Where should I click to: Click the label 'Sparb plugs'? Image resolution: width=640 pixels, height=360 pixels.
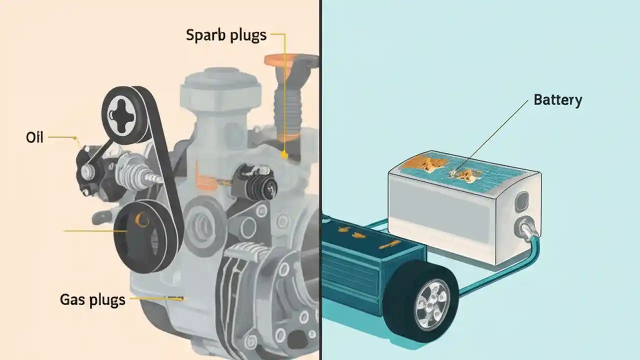pyautogui.click(x=226, y=35)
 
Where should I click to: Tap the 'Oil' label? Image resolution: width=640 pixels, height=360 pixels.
pyautogui.click(x=34, y=137)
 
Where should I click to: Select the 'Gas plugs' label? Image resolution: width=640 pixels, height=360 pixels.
pyautogui.click(x=92, y=300)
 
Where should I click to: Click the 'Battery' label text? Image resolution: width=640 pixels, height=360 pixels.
pyautogui.click(x=558, y=100)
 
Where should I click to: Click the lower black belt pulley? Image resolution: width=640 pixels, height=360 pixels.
pyautogui.click(x=144, y=235)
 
